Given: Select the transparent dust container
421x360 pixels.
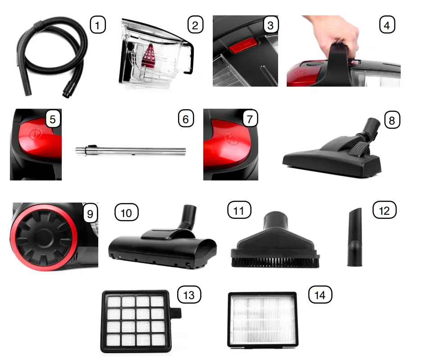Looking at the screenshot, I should click(x=153, y=56).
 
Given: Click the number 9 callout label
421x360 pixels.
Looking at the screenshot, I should click(x=90, y=213).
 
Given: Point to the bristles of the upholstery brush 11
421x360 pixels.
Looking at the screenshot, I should click(x=275, y=260).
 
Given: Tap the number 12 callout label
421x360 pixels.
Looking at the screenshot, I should click(x=384, y=210).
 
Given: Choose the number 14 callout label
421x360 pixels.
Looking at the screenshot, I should click(x=320, y=295).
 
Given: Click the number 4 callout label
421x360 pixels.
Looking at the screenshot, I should click(x=386, y=25).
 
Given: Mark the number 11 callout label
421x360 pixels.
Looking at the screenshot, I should click(x=239, y=210).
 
